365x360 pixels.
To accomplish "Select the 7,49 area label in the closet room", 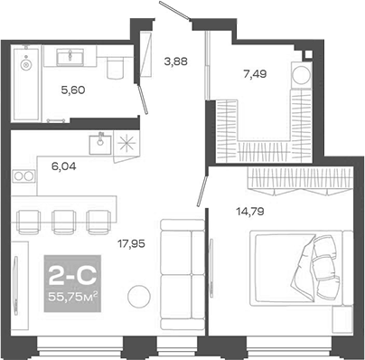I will tap(247, 76).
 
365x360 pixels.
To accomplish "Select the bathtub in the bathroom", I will tap(27, 87).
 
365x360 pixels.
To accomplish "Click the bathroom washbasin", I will tap(70, 59).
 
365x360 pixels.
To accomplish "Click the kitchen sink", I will tap(99, 141).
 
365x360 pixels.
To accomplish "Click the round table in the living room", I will tap(138, 296).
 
